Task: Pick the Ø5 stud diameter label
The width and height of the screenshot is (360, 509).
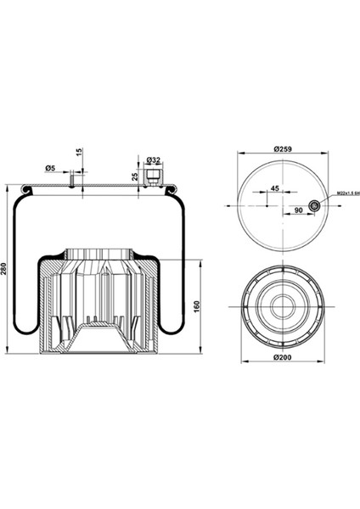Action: [x=51, y=169]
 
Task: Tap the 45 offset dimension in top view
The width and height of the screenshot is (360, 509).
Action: [x=275, y=188]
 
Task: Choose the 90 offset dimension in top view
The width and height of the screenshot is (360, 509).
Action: [x=298, y=209]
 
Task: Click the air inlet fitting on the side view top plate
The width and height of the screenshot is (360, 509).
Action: [x=154, y=176]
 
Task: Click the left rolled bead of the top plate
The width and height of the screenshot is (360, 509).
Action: [x=25, y=188]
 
